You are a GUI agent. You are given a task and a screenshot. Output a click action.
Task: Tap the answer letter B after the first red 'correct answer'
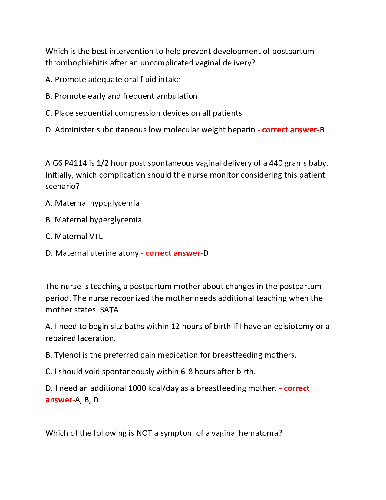(322, 130)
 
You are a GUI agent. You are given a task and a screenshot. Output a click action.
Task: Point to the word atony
(128, 253)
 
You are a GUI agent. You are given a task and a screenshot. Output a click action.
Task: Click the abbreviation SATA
(109, 310)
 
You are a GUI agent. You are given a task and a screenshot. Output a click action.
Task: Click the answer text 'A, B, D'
(87, 400)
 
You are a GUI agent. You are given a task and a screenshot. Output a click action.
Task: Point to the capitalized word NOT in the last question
(144, 433)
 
